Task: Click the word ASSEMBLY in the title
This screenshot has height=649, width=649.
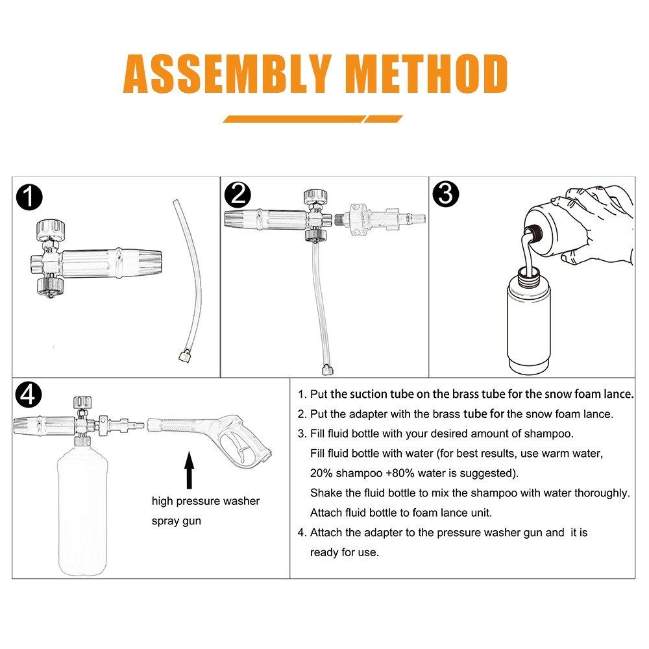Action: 228,73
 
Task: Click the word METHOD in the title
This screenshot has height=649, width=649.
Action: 428,73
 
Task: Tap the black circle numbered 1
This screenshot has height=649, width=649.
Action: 29,197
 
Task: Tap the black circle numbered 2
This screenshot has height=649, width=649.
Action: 238,195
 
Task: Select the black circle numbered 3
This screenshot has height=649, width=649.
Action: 446,193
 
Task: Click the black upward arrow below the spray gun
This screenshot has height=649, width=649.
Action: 190,470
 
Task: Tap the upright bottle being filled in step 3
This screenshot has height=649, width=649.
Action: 529,321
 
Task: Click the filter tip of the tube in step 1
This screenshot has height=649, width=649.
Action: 184,356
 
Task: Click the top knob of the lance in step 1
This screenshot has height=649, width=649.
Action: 51,230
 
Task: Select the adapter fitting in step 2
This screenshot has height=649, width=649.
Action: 380,219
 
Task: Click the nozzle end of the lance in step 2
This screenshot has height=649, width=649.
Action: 240,219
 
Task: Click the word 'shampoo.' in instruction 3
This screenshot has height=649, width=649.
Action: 549,434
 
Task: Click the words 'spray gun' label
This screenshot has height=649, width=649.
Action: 177,521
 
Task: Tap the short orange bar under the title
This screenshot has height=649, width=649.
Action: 384,119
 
